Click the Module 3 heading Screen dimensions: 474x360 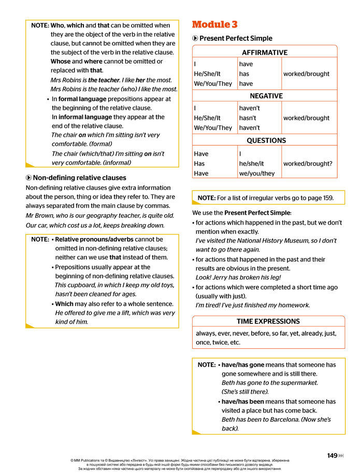[x=215, y=24]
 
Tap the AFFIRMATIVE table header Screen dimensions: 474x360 [x=265, y=52]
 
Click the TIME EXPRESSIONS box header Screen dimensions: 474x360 [x=268, y=321]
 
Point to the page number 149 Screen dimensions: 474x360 [x=332, y=455]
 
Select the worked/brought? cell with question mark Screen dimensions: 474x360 [x=308, y=164]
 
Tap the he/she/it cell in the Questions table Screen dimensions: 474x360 [x=251, y=164]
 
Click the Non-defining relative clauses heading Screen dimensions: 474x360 [x=79, y=178]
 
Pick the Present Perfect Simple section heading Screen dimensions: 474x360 [x=236, y=38]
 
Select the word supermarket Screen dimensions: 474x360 [x=296, y=382]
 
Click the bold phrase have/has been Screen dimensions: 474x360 [x=243, y=401]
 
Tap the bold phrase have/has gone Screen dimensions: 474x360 [x=243, y=364]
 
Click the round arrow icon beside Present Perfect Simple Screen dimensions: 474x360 [x=195, y=38]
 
